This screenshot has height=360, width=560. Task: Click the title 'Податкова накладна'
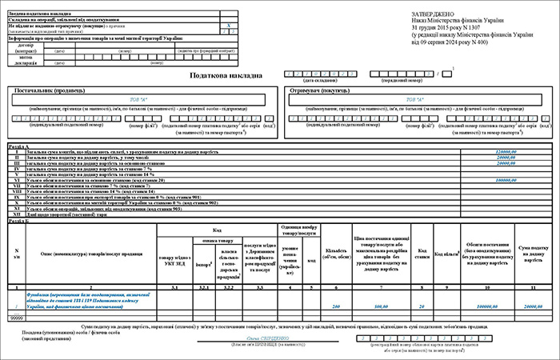pos(225,76)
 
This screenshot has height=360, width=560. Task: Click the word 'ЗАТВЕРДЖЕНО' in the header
pos(434,14)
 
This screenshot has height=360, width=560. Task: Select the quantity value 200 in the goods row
pos(337,307)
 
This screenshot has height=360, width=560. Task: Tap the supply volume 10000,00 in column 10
pos(486,307)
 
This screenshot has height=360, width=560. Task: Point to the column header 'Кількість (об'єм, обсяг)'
pos(337,254)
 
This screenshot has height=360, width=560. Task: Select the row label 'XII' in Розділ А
pos(18,215)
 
